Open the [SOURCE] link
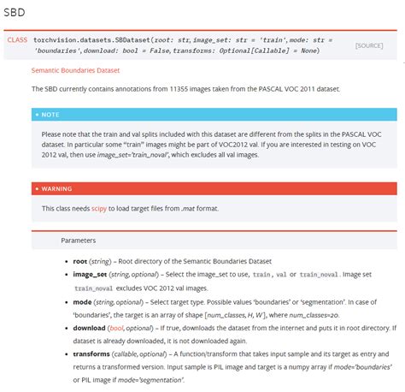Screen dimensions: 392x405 [x=369, y=45]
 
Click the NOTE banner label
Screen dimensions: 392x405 [x=50, y=114]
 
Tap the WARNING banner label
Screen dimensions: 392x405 [x=56, y=188]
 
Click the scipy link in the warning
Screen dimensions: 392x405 [x=99, y=208]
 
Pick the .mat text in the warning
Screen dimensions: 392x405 [x=189, y=208]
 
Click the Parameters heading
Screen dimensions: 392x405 [x=78, y=241]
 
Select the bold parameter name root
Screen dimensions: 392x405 [x=81, y=260]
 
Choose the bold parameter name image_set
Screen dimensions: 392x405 [x=90, y=274]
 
